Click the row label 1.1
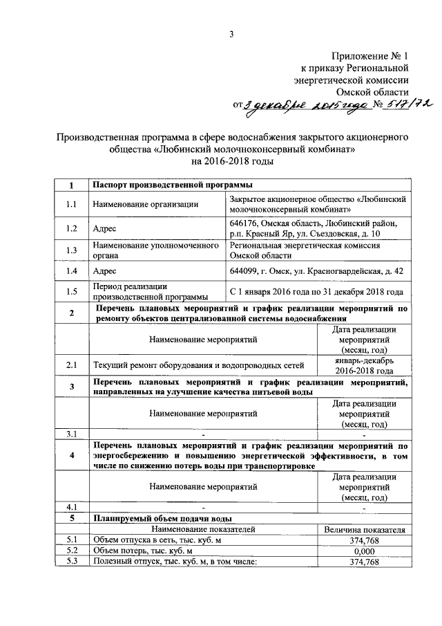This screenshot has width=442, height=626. click(71, 203)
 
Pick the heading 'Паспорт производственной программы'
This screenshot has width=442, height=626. click(172, 185)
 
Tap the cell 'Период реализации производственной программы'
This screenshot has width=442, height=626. click(138, 292)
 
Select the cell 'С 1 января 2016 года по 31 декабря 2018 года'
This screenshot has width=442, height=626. click(316, 292)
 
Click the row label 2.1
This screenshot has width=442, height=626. click(71, 364)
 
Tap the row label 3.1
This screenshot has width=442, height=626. click(71, 434)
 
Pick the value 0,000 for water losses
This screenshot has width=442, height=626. click(363, 551)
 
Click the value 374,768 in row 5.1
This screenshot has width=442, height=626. click(363, 540)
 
